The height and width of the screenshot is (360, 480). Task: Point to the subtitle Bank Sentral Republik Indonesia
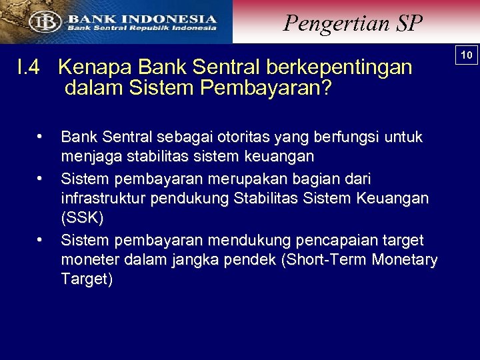[141, 29]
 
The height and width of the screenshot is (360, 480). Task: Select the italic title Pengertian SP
[353, 23]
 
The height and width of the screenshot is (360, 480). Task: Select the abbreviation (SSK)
[83, 219]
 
